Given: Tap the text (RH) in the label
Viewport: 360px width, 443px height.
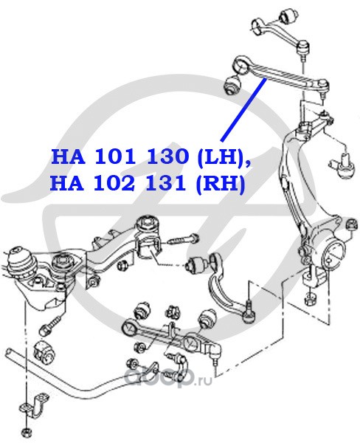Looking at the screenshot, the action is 220,184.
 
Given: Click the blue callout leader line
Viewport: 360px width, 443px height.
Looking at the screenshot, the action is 243,109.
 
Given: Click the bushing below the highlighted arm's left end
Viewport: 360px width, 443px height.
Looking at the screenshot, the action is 232,84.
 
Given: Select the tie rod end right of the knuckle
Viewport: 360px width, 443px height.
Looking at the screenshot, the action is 344,166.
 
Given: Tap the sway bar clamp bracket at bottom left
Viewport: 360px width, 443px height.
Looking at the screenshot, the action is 35,405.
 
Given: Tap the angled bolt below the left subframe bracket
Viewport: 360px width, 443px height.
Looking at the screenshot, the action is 52,325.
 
